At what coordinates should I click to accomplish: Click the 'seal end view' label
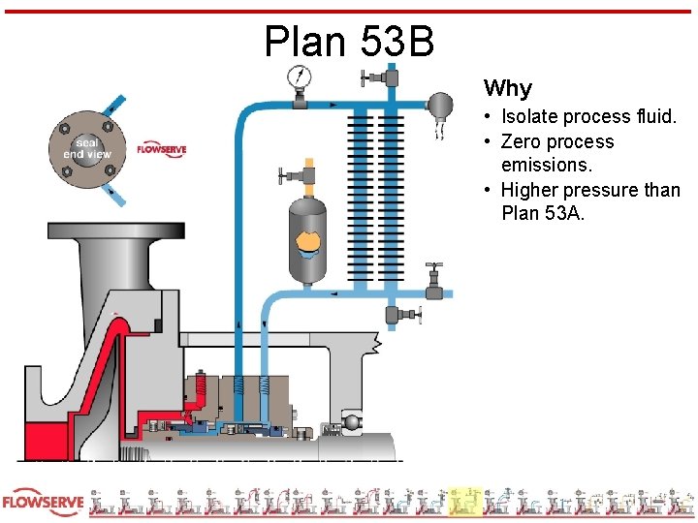tap(87, 148)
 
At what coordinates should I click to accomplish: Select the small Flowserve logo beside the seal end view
tap(161, 149)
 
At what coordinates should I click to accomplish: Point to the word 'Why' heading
tap(508, 88)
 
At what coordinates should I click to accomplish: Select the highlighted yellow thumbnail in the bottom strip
tap(465, 502)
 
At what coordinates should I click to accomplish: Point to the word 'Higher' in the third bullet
tap(532, 190)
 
